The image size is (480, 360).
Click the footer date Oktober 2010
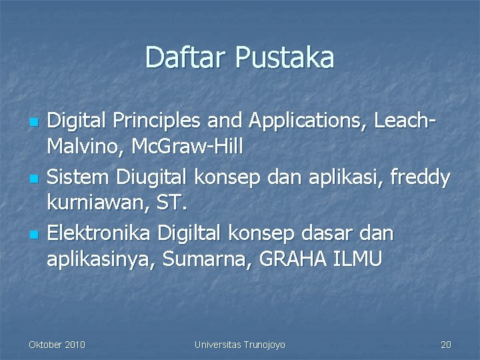click(57, 345)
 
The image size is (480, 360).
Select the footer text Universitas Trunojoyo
click(239, 345)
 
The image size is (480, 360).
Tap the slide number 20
click(446, 345)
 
